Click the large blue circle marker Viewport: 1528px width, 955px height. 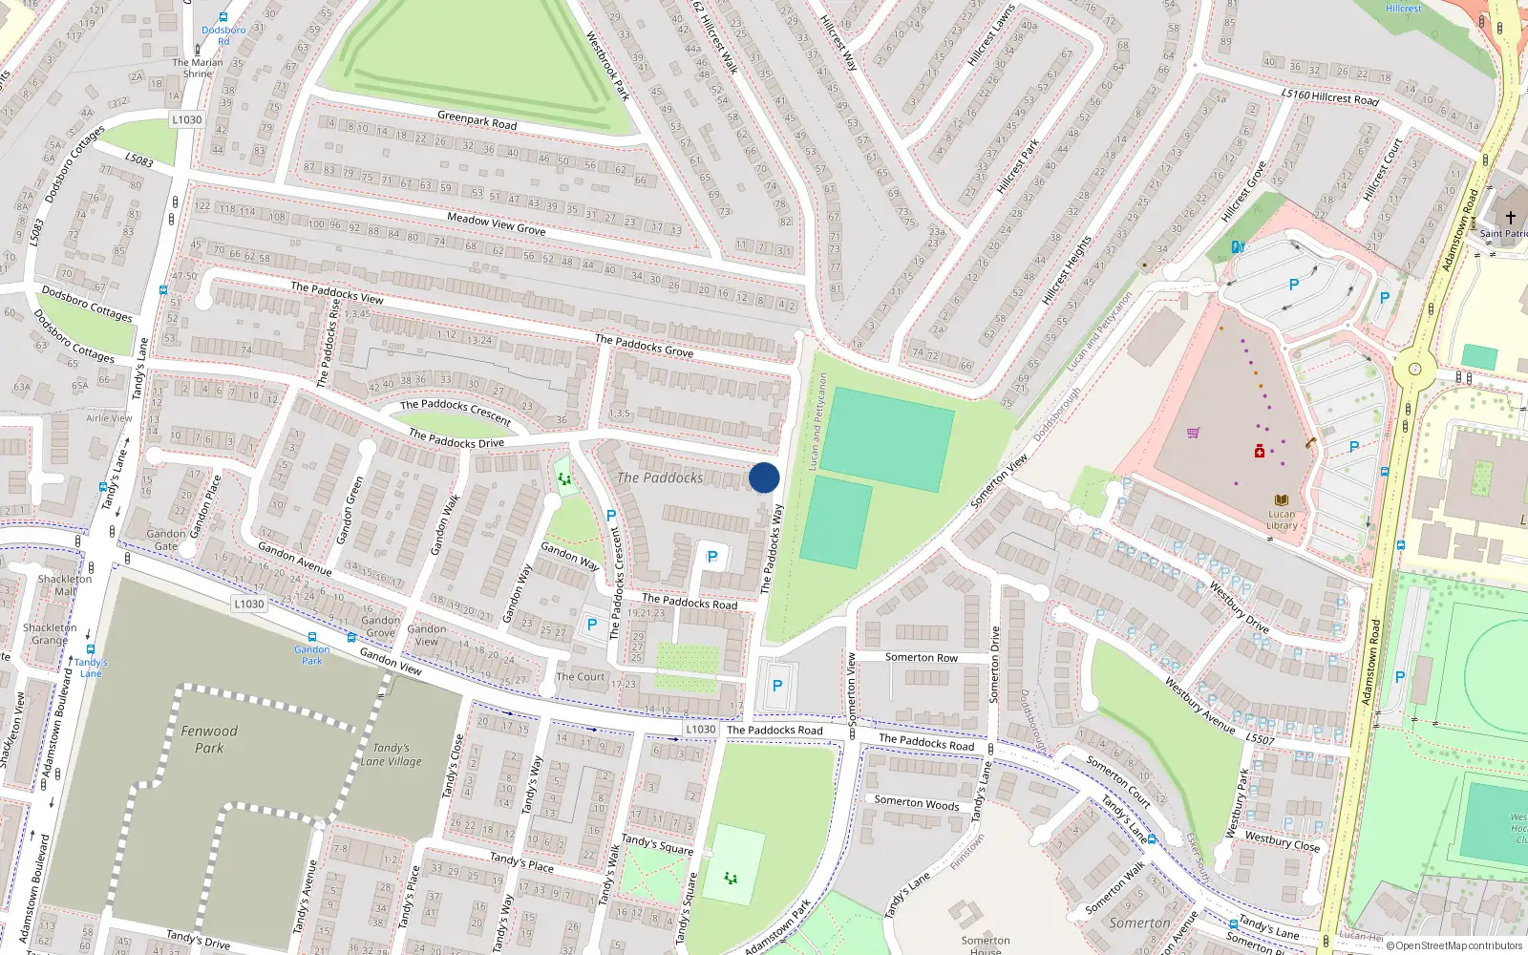tap(764, 477)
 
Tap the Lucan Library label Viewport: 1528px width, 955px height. tap(1282, 520)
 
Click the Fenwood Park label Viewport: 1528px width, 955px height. tap(209, 739)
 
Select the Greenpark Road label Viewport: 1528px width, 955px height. tap(477, 120)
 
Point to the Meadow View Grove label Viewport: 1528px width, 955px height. tap(496, 224)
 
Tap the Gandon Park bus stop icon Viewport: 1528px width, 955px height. tap(311, 637)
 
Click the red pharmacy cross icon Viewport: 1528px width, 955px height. tap(1260, 452)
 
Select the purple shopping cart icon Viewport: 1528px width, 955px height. tap(1193, 433)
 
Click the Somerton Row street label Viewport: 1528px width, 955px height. tap(921, 657)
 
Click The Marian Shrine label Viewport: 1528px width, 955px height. tap(197, 68)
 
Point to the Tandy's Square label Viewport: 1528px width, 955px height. tap(657, 844)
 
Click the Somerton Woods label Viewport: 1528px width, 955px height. tap(917, 803)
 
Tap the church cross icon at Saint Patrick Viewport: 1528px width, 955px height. tap(1510, 218)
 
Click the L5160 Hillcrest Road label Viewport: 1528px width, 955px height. tap(1329, 95)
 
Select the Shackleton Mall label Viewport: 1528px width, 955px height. tap(65, 584)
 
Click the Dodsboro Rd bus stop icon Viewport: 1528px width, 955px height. tap(223, 17)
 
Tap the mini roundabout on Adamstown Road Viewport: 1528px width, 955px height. tap(1414, 369)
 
